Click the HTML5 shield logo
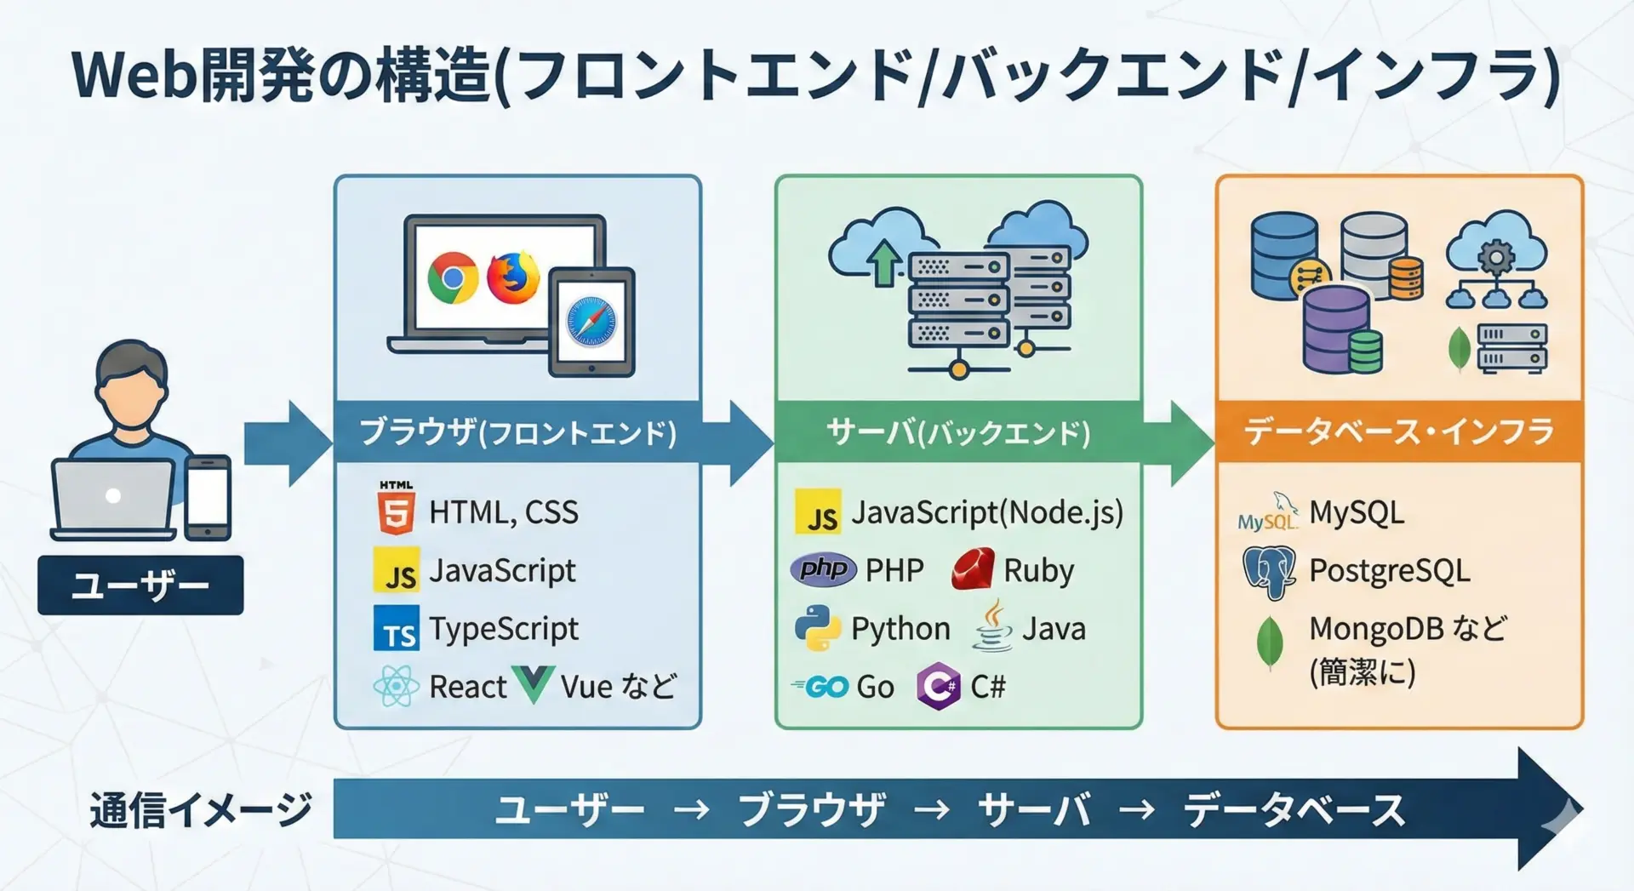pyautogui.click(x=396, y=508)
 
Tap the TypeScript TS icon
pyautogui.click(x=397, y=628)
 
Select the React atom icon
pyautogui.click(x=396, y=686)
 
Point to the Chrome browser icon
pyautogui.click(x=453, y=277)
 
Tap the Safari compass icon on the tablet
pyautogui.click(x=591, y=322)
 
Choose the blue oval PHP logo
pyautogui.click(x=823, y=568)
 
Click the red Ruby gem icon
pyautogui.click(x=973, y=569)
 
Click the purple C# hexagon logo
pyautogui.click(x=939, y=686)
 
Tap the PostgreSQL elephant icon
pyautogui.click(x=1269, y=572)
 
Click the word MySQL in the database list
pyautogui.click(x=1357, y=512)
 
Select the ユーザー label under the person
pyautogui.click(x=140, y=585)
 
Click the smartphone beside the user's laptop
pyautogui.click(x=208, y=497)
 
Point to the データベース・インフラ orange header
pyautogui.click(x=1399, y=432)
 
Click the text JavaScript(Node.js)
pyautogui.click(x=987, y=512)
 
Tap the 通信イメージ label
pyautogui.click(x=201, y=809)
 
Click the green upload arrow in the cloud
pyautogui.click(x=884, y=260)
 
